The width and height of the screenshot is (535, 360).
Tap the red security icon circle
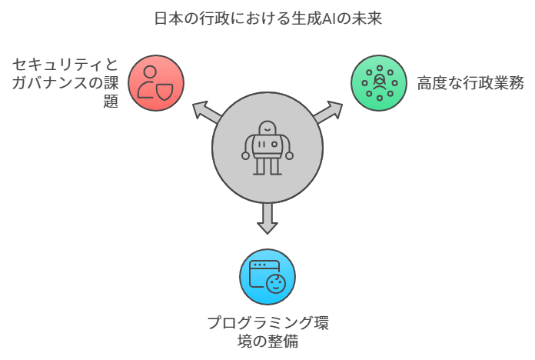(x=157, y=82)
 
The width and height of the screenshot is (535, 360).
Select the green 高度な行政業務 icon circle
(x=378, y=82)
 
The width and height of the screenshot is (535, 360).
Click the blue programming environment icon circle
(x=267, y=276)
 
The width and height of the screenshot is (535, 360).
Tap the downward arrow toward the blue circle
(x=267, y=218)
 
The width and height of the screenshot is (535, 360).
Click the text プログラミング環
(x=267, y=322)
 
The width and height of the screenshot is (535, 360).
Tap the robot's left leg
(x=261, y=165)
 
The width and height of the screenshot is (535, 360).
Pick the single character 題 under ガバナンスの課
(x=111, y=101)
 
